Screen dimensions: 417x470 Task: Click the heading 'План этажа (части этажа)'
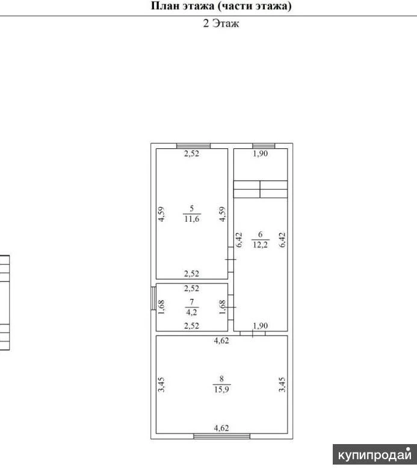[221, 6]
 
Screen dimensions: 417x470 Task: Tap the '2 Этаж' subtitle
[221, 23]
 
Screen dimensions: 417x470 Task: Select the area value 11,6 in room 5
[192, 219]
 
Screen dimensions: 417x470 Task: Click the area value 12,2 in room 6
[260, 245]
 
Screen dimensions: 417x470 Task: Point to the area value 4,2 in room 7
[191, 312]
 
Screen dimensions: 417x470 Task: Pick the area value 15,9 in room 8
[221, 389]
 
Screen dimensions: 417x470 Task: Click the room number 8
[221, 379]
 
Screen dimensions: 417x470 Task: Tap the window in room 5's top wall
[193, 146]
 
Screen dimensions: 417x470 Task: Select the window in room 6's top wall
[264, 146]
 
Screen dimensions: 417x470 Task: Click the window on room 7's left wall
[153, 298]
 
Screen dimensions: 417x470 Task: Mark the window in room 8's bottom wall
[222, 436]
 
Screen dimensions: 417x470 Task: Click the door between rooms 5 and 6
[231, 260]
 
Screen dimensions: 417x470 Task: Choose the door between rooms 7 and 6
[231, 307]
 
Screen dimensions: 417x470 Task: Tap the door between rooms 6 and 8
[253, 333]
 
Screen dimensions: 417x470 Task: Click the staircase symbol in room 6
[261, 189]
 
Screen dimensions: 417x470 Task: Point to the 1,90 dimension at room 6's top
[260, 154]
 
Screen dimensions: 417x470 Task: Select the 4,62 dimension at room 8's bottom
[221, 428]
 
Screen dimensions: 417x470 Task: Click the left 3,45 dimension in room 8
[161, 385]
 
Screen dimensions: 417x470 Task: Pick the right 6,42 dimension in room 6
[282, 240]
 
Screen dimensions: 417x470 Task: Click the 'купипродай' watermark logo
[375, 455]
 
